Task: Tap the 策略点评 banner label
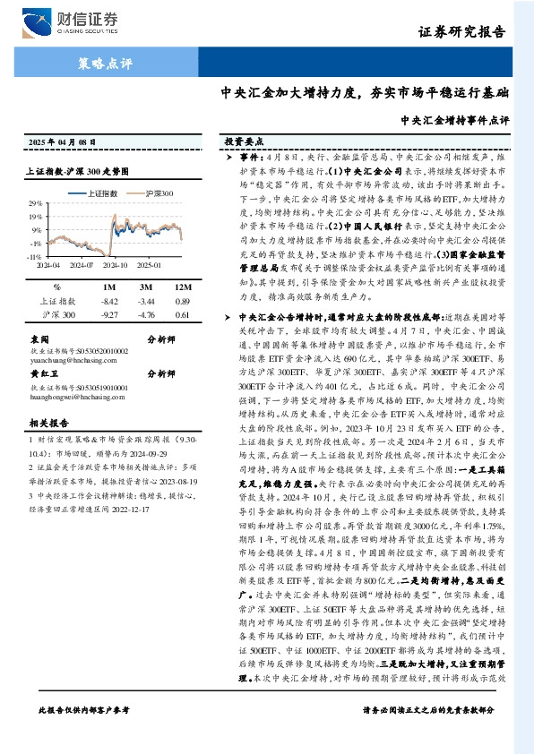coord(99,64)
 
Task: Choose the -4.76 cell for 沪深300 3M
coord(146,315)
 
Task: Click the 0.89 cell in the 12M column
coord(183,301)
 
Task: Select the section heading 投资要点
coord(244,141)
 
